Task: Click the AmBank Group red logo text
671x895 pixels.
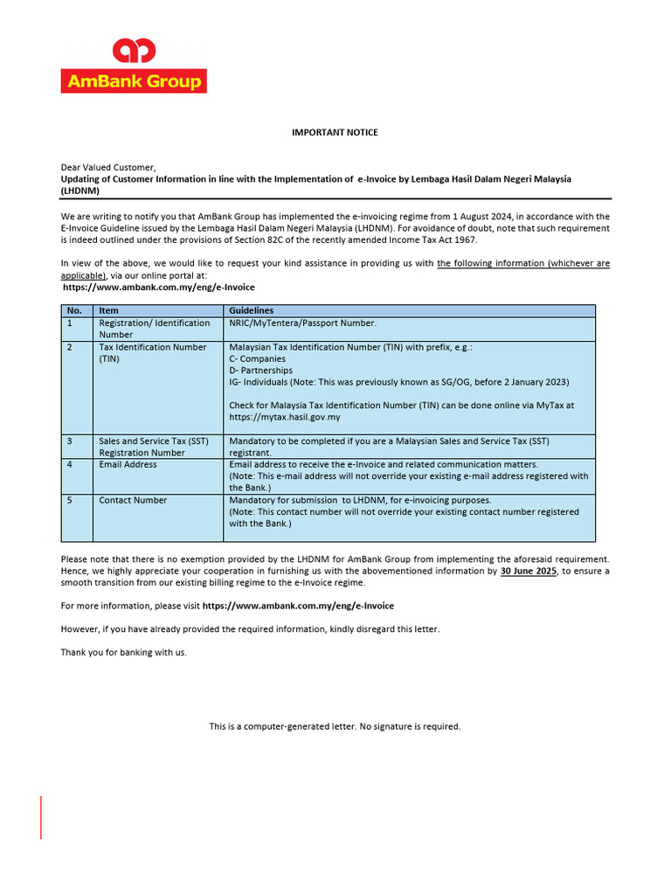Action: point(133,81)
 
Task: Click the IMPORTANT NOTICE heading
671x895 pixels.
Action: point(335,133)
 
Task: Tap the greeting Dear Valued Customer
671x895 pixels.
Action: point(108,167)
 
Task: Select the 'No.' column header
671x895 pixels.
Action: point(74,310)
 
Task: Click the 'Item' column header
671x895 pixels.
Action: point(108,310)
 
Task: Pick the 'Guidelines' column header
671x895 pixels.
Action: point(251,310)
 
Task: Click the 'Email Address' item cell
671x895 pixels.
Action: point(128,464)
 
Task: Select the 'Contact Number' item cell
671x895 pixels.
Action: point(133,500)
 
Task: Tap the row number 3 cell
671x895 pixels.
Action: point(70,441)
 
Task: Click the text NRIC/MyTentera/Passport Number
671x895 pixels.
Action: point(302,323)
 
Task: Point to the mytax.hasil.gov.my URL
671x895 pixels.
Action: point(285,417)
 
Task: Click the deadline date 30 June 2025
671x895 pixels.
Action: point(528,571)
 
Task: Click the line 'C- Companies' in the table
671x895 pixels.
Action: point(257,358)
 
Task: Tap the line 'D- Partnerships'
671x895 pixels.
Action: point(260,370)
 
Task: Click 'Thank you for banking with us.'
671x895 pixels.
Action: point(123,652)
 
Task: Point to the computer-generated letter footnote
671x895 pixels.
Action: point(335,726)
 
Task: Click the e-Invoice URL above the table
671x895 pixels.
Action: point(159,287)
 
